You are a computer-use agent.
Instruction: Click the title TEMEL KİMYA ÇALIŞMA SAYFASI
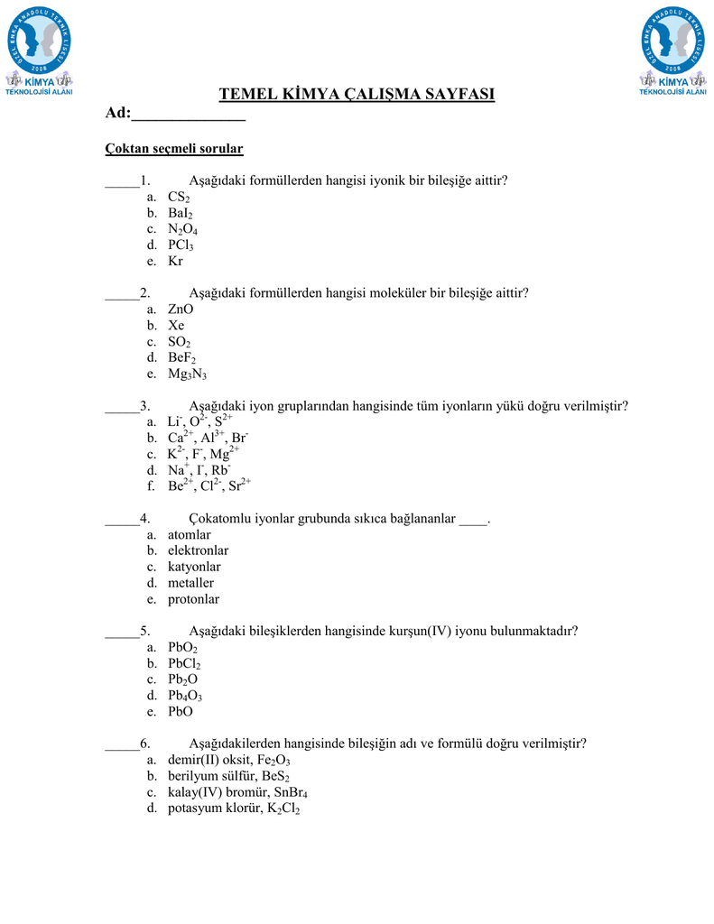tap(357, 95)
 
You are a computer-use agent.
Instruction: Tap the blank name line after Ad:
tap(189, 114)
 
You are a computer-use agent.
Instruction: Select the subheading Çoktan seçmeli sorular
tap(174, 147)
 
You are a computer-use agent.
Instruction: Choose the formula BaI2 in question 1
tap(181, 213)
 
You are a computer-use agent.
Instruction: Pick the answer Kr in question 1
tap(175, 261)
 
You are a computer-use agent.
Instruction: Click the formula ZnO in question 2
tap(181, 310)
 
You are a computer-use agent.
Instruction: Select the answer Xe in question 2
tap(176, 325)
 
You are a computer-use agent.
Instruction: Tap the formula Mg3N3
tap(187, 374)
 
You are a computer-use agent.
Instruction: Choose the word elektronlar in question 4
tap(198, 550)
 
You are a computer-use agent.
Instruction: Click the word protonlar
tap(193, 599)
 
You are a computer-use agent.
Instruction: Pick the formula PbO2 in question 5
tap(182, 648)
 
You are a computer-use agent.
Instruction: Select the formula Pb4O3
tap(185, 696)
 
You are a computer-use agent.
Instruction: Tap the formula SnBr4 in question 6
tap(285, 793)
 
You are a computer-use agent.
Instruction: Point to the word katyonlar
tap(194, 567)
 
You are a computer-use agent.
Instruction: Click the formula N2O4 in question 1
tap(182, 229)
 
